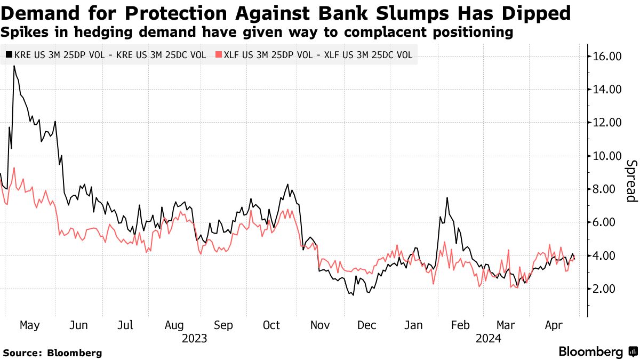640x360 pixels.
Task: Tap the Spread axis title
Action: pos(631,181)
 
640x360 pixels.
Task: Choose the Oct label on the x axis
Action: pos(272,325)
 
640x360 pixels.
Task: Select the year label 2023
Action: pos(194,338)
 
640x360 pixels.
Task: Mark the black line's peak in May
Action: pos(14,66)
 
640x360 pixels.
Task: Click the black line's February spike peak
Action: pos(447,198)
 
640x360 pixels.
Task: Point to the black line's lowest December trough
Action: pos(353,295)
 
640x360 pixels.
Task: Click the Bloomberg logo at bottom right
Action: pos(597,351)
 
